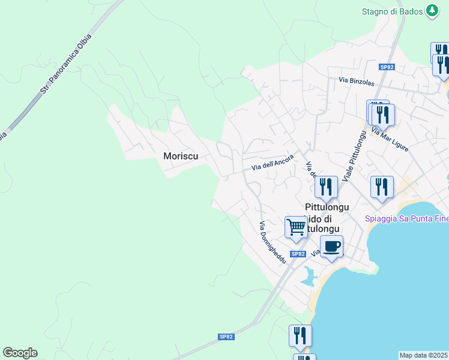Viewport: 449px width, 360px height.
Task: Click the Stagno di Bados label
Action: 391,11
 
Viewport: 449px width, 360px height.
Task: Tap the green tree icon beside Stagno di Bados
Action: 432,11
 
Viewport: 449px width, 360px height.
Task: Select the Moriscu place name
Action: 181,156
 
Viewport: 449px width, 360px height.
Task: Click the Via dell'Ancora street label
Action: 272,163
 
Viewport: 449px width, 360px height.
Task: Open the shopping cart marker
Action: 296,228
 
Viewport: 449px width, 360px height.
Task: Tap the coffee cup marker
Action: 331,245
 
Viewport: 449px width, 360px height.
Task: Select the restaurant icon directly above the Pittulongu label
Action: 326,187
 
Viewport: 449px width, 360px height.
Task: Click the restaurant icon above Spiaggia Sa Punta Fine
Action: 382,187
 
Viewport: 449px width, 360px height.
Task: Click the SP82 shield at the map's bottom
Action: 226,337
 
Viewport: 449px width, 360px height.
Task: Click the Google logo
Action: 20,353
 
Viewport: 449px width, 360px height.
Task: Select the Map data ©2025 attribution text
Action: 424,355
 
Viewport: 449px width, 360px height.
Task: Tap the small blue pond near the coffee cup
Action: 309,277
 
